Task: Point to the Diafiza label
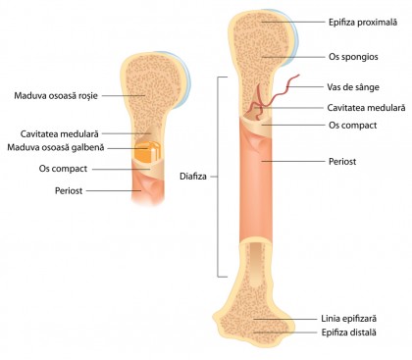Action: (x=193, y=177)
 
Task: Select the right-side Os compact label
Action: (x=346, y=126)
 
